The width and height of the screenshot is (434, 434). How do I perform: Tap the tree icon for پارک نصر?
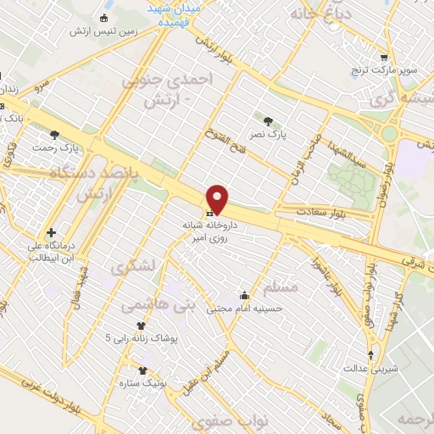pyautogui.click(x=269, y=122)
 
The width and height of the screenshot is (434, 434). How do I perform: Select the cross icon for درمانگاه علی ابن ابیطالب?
pyautogui.click(x=52, y=232)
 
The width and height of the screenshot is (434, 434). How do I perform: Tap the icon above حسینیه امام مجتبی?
pyautogui.click(x=244, y=295)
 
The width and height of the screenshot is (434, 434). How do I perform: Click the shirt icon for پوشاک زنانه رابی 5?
pyautogui.click(x=142, y=325)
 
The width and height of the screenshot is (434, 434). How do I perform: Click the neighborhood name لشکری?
pyautogui.click(x=134, y=266)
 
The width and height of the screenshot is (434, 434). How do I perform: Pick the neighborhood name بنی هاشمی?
pyautogui.click(x=158, y=302)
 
